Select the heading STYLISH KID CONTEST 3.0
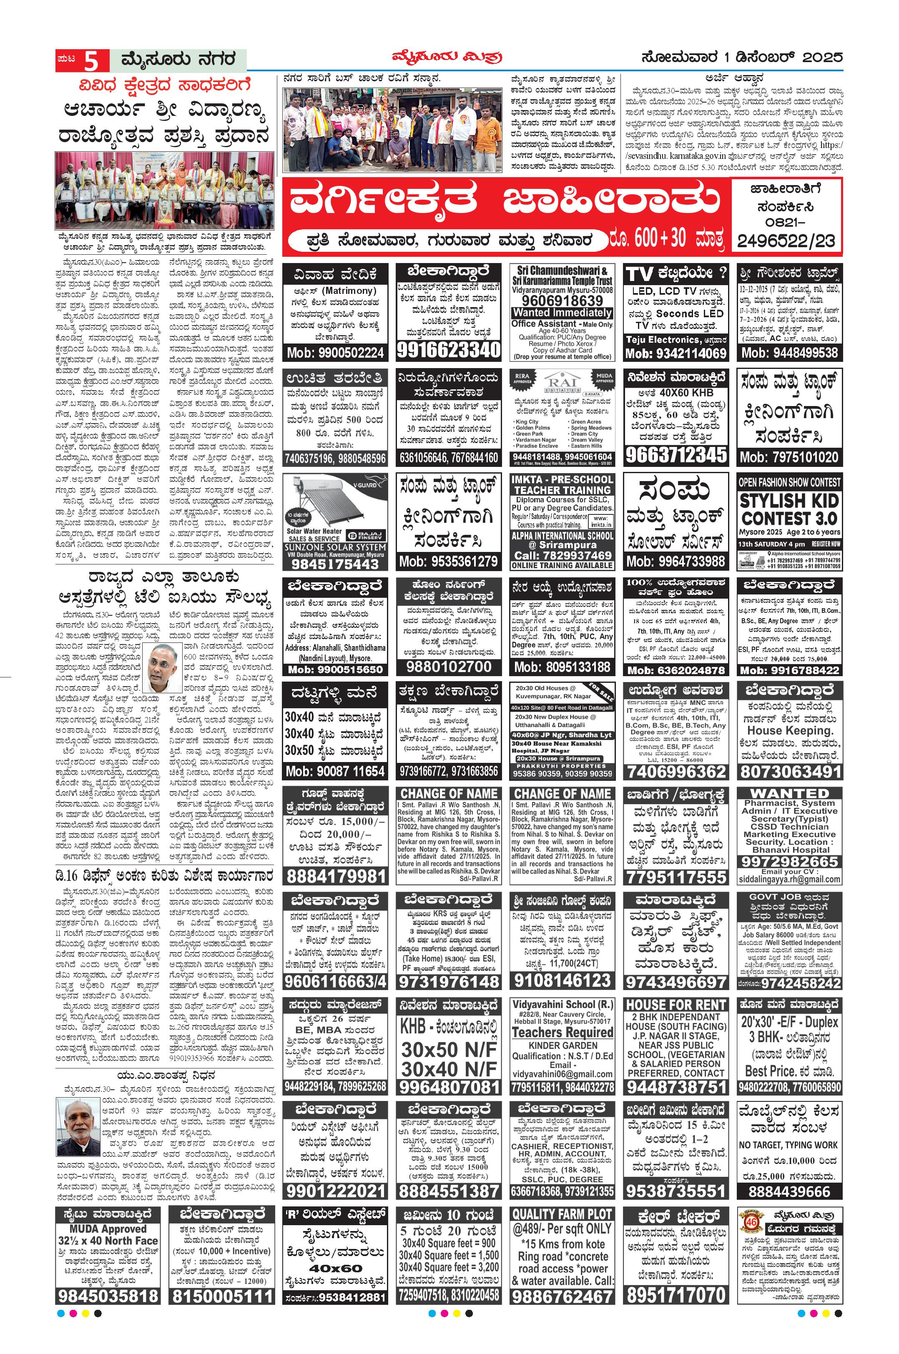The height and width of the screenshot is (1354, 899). tap(789, 509)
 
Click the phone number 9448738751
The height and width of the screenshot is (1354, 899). tap(676, 1087)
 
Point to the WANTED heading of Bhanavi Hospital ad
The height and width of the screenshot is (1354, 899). tap(789, 793)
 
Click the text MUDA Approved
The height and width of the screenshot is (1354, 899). tap(108, 1229)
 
